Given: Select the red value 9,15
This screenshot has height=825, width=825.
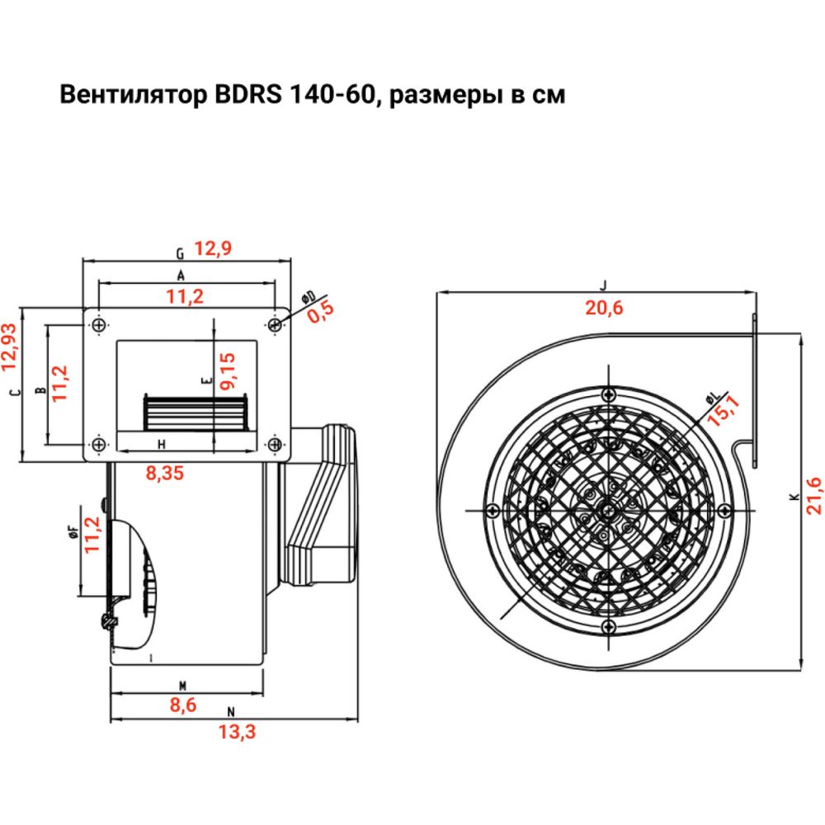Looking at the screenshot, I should [x=228, y=370].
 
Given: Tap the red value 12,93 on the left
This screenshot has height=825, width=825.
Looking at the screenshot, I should [x=9, y=344].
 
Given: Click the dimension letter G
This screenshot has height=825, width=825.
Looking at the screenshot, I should [x=180, y=252].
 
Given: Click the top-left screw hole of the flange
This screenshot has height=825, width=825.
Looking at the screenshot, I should [x=99, y=325].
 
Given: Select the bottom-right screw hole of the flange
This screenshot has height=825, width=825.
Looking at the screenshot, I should [x=275, y=445].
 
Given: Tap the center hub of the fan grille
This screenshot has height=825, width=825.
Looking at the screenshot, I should [x=608, y=510].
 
